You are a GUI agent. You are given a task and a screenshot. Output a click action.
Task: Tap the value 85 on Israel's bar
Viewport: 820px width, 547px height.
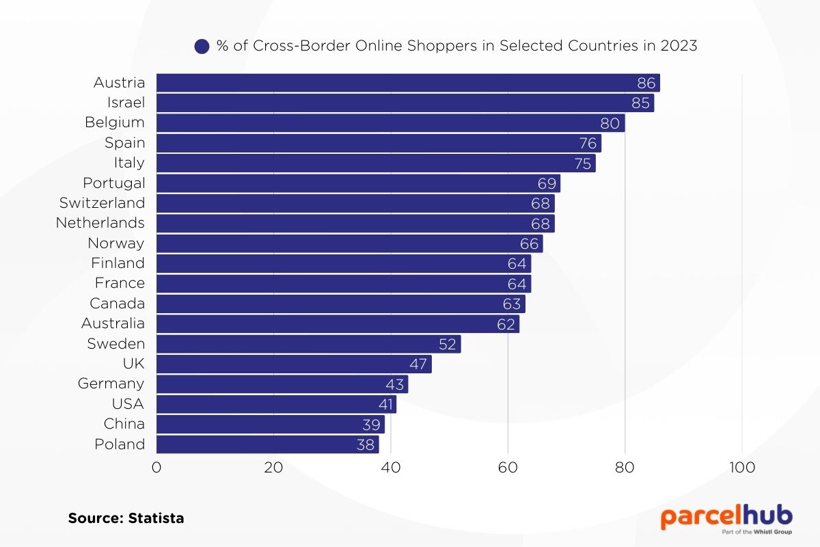pos(640,103)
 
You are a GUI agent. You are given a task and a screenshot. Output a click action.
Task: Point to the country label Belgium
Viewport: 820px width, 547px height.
pos(115,122)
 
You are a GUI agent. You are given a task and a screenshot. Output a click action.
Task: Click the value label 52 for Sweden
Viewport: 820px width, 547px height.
pos(448,344)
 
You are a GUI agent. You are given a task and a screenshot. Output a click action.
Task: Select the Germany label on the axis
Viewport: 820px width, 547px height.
pos(111,384)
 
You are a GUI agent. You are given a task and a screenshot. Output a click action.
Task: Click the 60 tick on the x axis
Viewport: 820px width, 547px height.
pos(508,468)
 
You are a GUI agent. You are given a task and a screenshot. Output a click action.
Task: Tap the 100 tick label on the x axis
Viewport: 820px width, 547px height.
pos(742,468)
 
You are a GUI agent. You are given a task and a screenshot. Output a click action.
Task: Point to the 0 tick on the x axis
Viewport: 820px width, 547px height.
pos(156,468)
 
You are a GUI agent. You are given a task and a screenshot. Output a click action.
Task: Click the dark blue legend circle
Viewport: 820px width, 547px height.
pos(202,46)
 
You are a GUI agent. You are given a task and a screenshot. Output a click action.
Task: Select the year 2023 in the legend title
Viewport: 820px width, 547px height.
pos(679,46)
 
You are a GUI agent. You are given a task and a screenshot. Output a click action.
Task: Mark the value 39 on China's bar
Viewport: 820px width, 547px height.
pos(371,425)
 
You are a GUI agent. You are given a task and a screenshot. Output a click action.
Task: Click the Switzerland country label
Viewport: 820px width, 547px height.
pos(102,203)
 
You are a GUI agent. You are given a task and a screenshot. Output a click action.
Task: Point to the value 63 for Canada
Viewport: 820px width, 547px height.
pos(512,304)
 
